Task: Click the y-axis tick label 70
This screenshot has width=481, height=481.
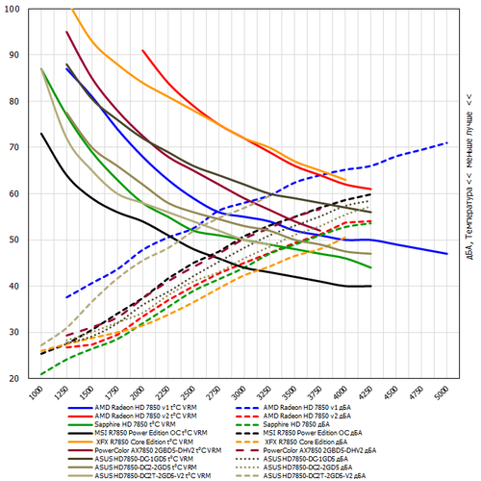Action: (20, 147)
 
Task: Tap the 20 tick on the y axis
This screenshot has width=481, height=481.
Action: (20, 378)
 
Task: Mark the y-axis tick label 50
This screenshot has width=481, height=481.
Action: (20, 240)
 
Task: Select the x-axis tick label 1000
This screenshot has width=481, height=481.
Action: (37, 392)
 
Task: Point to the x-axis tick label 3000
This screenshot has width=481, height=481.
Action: (241, 392)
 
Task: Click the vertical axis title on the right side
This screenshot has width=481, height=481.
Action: (468, 191)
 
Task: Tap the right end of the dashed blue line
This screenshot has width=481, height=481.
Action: (446, 143)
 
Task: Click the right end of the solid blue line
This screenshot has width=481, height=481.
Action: (446, 254)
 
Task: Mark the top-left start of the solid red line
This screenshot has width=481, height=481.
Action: (142, 50)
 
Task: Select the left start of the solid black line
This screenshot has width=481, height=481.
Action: (41, 133)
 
